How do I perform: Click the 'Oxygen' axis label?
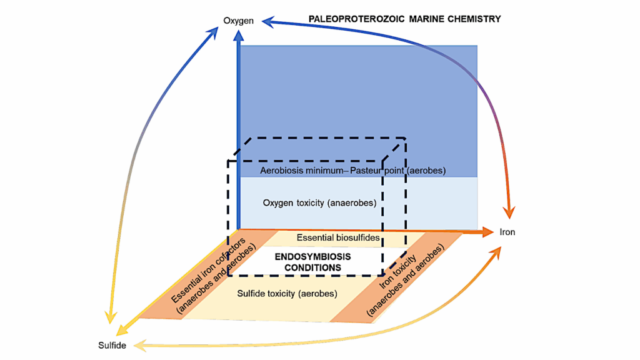click(x=238, y=21)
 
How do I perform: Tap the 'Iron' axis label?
click(x=507, y=232)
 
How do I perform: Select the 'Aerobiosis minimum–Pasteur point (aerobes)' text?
click(x=352, y=170)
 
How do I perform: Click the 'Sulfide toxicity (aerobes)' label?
click(x=287, y=293)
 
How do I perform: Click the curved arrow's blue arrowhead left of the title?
click(x=268, y=22)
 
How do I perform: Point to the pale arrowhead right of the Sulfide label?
click(x=141, y=345)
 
